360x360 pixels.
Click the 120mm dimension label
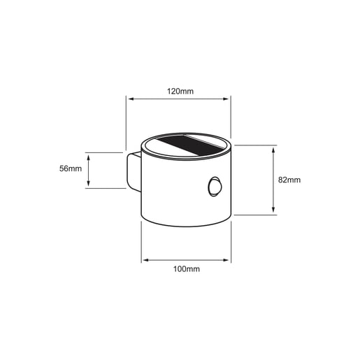point(180,91)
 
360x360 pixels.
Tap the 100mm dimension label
point(187,269)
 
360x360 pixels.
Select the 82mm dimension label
point(289,180)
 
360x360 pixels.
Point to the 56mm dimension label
point(71,168)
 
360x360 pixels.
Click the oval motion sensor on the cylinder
point(214,187)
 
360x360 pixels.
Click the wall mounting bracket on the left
point(134,171)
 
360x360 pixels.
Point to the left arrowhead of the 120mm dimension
point(131,99)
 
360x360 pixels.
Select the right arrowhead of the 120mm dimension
point(226,99)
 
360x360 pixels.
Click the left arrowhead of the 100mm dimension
point(145,260)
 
